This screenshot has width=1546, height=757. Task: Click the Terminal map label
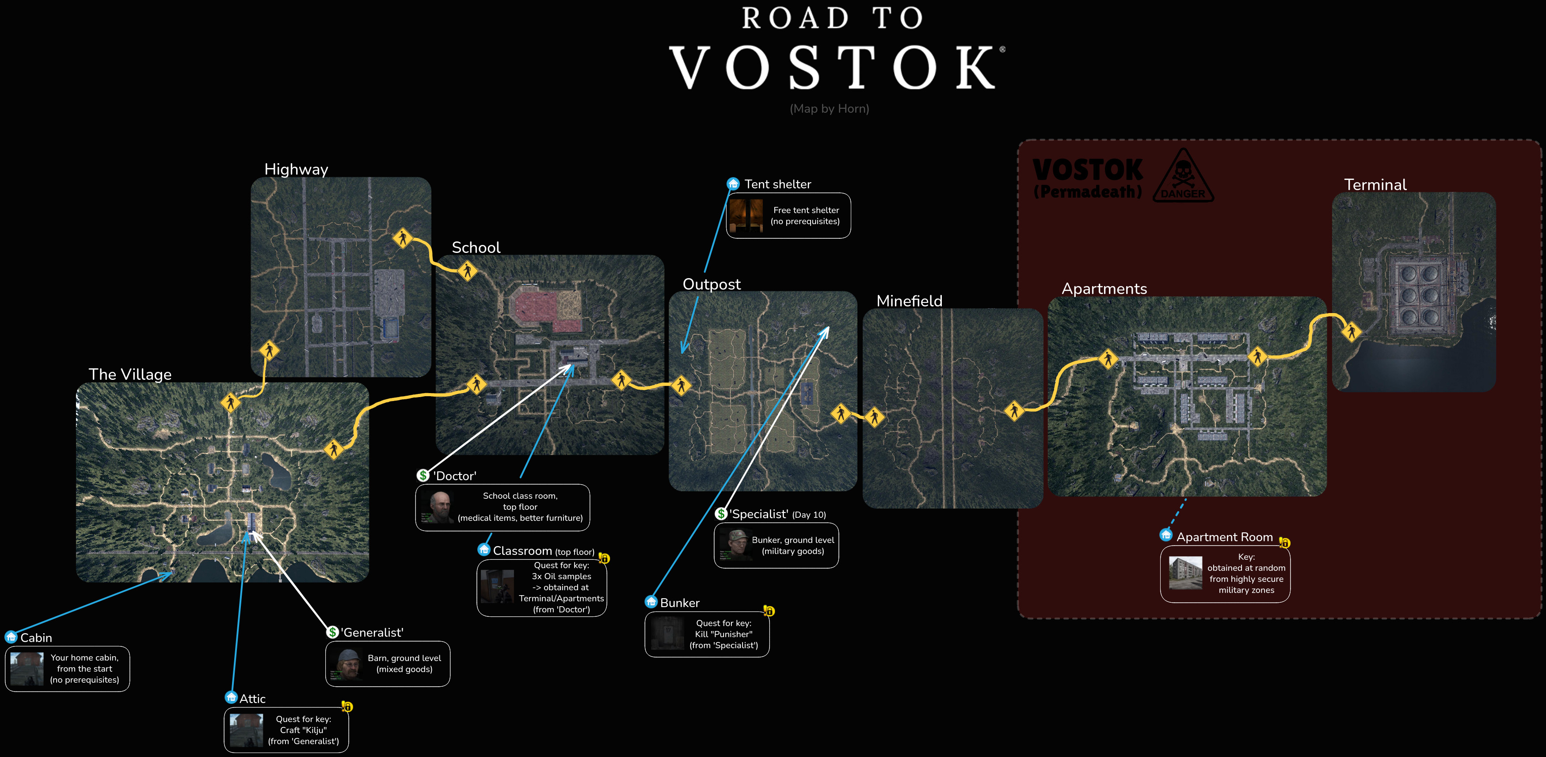tap(1375, 185)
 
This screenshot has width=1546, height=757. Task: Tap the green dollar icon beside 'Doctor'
tap(423, 475)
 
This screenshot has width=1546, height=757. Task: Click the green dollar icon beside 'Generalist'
tap(332, 632)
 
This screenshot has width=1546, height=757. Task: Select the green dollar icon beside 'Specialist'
tap(721, 514)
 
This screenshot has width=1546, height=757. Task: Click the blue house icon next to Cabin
tap(11, 637)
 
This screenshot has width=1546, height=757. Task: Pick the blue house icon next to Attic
tap(231, 698)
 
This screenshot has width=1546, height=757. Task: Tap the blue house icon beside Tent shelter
tap(733, 184)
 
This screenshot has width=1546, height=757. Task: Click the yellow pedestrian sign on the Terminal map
tap(1351, 331)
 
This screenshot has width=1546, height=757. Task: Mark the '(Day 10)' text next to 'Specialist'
tap(808, 515)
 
